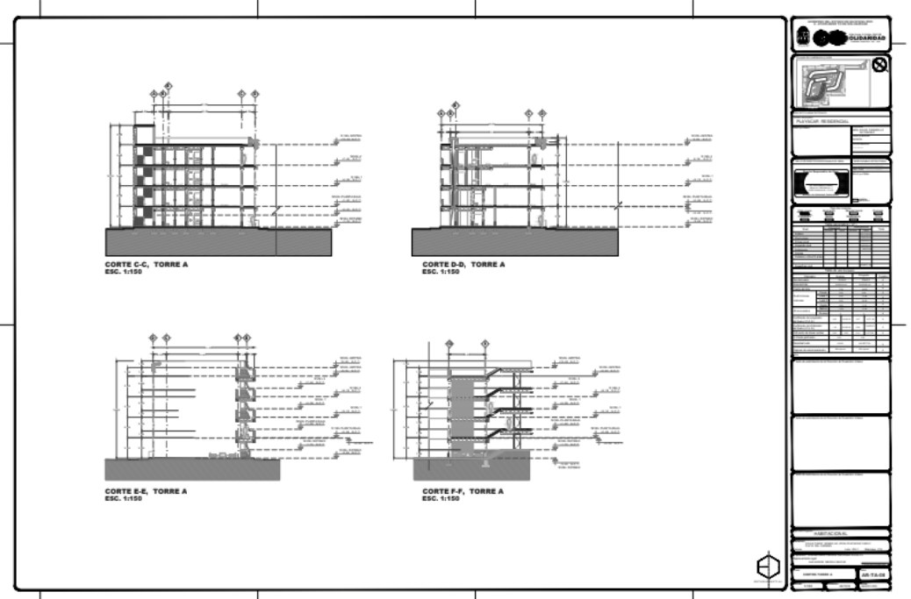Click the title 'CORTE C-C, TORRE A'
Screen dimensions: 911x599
pos(146,264)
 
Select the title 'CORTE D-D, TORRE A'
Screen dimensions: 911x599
pos(463,264)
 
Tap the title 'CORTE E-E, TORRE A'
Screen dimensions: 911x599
pos(145,491)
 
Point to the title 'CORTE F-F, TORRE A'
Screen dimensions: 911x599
pos(463,491)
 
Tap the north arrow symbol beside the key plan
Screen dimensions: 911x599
pos(879,65)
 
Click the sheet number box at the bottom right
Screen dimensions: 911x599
pos(874,574)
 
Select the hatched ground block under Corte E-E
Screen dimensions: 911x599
pos(192,469)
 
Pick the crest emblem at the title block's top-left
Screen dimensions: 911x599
pos(801,37)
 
